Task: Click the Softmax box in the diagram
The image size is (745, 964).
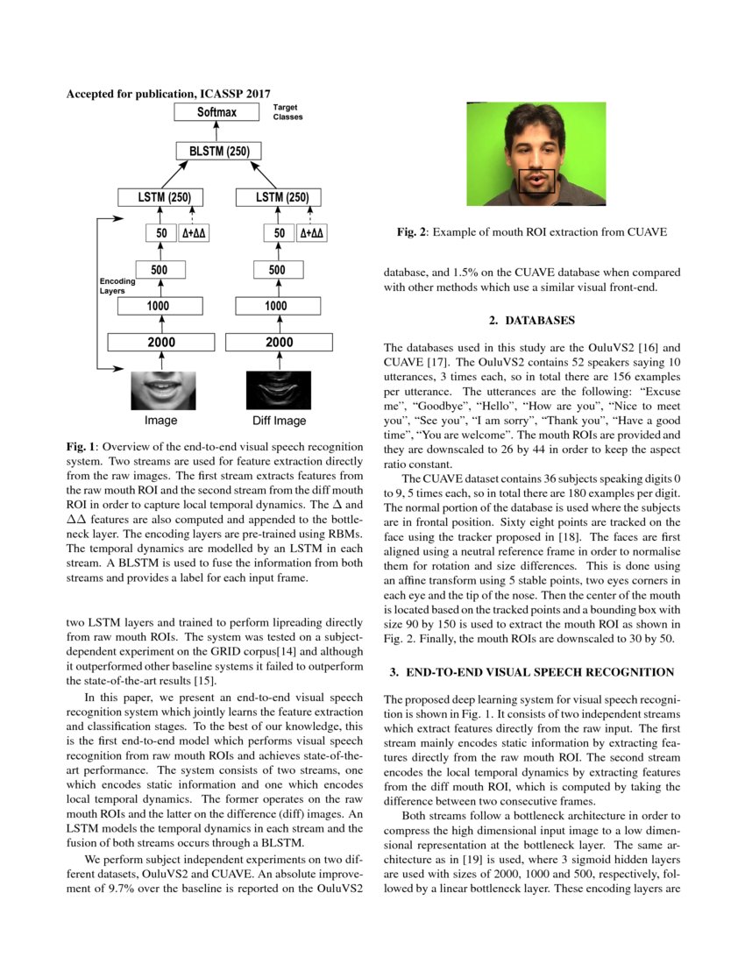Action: point(216,112)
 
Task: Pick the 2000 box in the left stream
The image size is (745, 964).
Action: point(160,342)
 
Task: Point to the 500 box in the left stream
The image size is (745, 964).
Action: point(160,270)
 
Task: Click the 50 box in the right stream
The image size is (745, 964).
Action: point(279,233)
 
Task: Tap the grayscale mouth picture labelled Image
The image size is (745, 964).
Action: point(160,390)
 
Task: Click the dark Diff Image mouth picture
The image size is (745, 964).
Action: point(276,390)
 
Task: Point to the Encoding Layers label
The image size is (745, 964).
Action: point(117,285)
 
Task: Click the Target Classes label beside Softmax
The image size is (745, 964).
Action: point(287,111)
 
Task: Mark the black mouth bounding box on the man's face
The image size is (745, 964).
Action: point(535,180)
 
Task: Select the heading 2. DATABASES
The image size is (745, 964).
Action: point(532,320)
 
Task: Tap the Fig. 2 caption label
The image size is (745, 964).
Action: point(413,233)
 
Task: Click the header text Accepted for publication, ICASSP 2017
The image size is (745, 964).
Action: point(168,93)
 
